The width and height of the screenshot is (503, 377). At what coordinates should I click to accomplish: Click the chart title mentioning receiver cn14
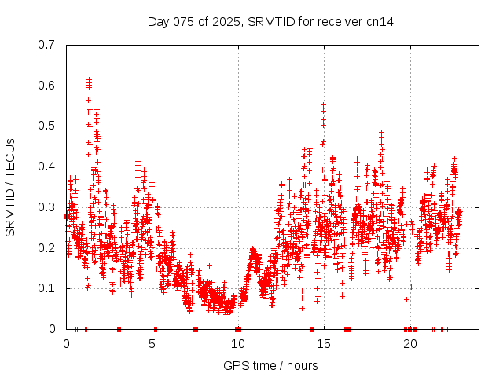(x=270, y=21)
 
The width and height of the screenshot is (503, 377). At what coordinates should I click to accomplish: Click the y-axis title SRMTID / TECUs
(x=11, y=187)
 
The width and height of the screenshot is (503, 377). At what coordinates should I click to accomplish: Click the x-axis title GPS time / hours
(x=270, y=365)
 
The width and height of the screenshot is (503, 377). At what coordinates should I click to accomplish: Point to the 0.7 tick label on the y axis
(x=46, y=45)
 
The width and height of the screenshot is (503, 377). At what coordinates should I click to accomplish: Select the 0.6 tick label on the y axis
(x=46, y=86)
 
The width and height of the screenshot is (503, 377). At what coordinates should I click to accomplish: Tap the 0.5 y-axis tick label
(x=46, y=126)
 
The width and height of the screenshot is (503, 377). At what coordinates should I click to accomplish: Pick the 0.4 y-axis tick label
(x=46, y=167)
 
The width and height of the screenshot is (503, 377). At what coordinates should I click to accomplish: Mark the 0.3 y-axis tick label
(x=46, y=207)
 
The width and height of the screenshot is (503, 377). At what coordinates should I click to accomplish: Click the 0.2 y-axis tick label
(x=46, y=248)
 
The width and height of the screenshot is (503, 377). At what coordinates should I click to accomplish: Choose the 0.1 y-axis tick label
(x=46, y=288)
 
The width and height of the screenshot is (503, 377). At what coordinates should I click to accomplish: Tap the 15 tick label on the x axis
(x=325, y=344)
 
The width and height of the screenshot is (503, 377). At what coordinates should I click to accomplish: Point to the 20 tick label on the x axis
(x=410, y=344)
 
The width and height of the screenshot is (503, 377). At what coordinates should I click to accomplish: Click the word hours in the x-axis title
(x=303, y=365)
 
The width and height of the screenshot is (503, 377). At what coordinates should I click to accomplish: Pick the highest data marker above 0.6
(x=90, y=79)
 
